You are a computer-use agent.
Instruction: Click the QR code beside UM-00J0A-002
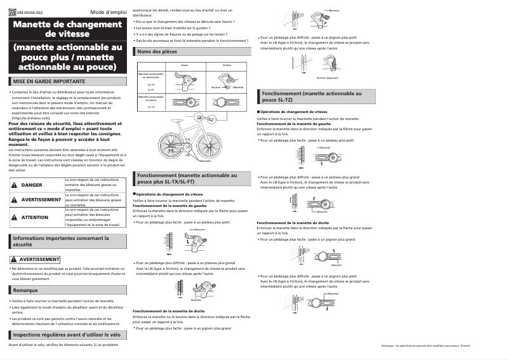[12, 12]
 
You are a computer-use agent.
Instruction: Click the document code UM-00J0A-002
[30, 13]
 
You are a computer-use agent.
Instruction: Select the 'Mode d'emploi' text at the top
[108, 12]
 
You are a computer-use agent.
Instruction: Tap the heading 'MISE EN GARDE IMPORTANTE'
[49, 82]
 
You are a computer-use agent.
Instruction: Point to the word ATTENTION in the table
[35, 217]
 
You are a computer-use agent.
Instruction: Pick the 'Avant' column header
[185, 65]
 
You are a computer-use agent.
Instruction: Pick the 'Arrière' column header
[227, 65]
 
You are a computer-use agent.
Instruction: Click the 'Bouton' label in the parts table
[215, 87]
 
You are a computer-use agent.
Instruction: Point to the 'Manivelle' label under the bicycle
[205, 161]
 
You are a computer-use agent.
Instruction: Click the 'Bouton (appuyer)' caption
[327, 77]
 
